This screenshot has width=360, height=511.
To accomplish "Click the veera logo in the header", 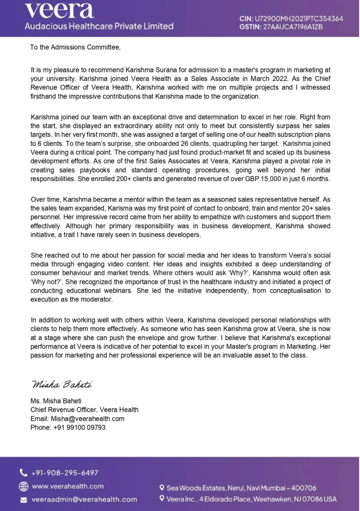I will click(59, 9).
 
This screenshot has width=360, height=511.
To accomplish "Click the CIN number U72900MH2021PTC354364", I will click(300, 18).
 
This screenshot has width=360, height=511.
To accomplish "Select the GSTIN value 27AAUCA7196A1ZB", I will click(294, 26).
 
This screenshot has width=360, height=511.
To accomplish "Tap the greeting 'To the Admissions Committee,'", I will click(75, 48).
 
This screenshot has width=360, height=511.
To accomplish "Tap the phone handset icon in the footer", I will click(23, 473).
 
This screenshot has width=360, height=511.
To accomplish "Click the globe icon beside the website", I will click(23, 486).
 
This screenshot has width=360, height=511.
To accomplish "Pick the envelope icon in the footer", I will click(23, 500).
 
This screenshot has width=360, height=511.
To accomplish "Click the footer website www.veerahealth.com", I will click(68, 486).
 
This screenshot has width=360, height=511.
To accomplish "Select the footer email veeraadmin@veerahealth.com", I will click(84, 499).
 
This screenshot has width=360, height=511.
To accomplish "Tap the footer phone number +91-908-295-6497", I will click(65, 473).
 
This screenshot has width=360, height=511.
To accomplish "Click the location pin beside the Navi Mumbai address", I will click(162, 488).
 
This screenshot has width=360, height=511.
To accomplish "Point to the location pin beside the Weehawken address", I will click(162, 499).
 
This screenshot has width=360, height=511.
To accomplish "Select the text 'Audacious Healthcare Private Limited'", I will click(99, 26).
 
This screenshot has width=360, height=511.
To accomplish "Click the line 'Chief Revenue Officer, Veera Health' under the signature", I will click(84, 410).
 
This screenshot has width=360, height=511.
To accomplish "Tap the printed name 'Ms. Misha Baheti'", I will click(55, 401).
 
